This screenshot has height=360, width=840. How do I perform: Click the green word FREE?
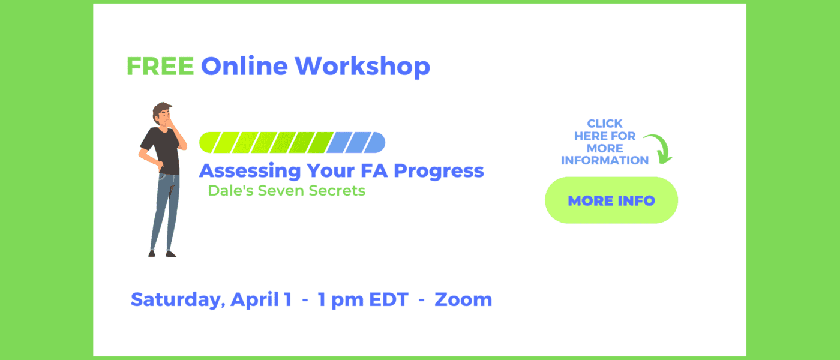[160, 67]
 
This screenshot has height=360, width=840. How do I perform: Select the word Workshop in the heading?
[362, 67]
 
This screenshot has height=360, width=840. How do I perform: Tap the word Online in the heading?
[245, 66]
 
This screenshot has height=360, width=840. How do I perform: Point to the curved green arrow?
[659, 148]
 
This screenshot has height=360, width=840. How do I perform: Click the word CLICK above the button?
[605, 124]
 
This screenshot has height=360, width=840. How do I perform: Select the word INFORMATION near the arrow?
[605, 160]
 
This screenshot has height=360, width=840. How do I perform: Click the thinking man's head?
[163, 114]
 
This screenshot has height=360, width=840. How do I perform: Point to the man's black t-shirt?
[161, 150]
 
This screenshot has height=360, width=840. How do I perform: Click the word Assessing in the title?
[250, 171]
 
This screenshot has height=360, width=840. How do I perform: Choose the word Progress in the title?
[439, 172]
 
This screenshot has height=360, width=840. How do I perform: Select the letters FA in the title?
[374, 170]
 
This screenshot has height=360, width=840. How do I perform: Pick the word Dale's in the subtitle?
[230, 191]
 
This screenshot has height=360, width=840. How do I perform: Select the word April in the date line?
[254, 300]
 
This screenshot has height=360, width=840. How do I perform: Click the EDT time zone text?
[389, 299]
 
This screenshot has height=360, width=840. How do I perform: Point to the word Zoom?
[463, 299]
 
